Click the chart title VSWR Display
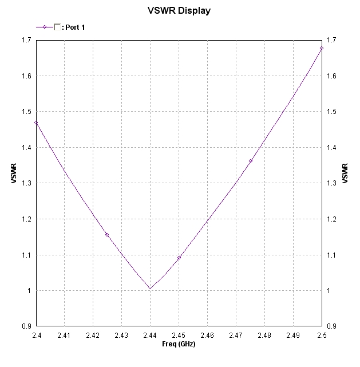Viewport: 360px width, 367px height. [179, 10]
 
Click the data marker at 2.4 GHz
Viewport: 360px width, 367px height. [35, 123]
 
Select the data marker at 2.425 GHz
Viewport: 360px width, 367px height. [107, 235]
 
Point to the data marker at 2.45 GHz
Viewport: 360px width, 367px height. [179, 258]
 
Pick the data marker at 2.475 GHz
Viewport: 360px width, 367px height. [250, 161]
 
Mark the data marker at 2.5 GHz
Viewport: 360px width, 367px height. [322, 48]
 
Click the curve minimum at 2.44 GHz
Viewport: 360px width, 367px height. [150, 289]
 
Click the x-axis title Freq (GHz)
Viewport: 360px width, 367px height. [179, 344]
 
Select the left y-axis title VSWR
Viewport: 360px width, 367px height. [13, 173]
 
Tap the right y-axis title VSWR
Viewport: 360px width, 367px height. [345, 173]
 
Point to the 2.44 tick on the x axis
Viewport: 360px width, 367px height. [150, 334]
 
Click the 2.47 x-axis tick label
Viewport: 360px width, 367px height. [236, 334]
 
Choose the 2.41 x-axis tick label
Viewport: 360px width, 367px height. [64, 334]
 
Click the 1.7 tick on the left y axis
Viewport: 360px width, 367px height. [26, 40]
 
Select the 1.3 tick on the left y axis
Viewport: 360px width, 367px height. [26, 183]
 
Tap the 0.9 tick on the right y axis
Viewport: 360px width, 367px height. [331, 326]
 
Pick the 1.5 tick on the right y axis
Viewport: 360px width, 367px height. [331, 112]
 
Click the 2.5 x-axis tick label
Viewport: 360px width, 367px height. [322, 334]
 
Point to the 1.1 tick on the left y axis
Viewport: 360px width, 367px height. [26, 255]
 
